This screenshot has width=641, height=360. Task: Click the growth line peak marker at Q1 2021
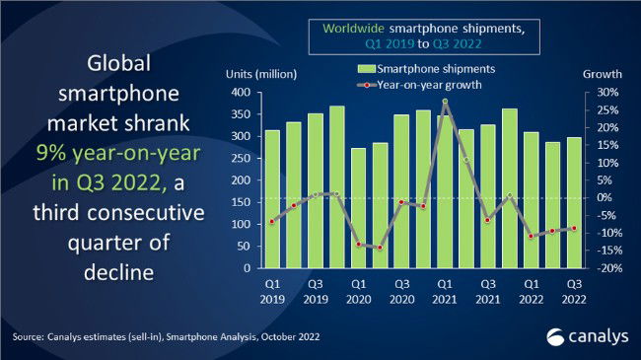tap(444, 102)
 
